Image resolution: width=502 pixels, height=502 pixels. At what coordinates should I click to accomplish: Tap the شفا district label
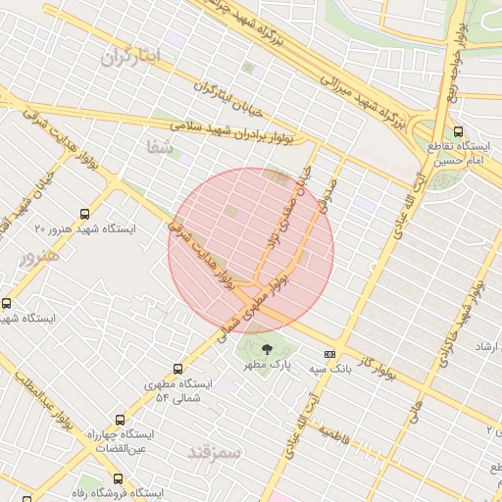coord(158,147)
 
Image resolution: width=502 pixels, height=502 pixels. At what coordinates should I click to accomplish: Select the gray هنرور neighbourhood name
coord(39,255)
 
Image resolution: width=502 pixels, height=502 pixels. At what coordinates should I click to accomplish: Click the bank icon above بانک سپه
coord(329,354)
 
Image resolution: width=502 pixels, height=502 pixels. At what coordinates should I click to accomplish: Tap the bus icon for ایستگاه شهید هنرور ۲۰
coord(85,212)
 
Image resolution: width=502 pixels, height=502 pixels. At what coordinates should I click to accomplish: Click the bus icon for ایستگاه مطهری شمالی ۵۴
coord(177,369)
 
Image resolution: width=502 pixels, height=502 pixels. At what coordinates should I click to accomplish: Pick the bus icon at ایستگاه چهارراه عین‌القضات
coord(120,418)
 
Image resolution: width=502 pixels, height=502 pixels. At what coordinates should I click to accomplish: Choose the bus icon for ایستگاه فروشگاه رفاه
coord(118,479)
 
